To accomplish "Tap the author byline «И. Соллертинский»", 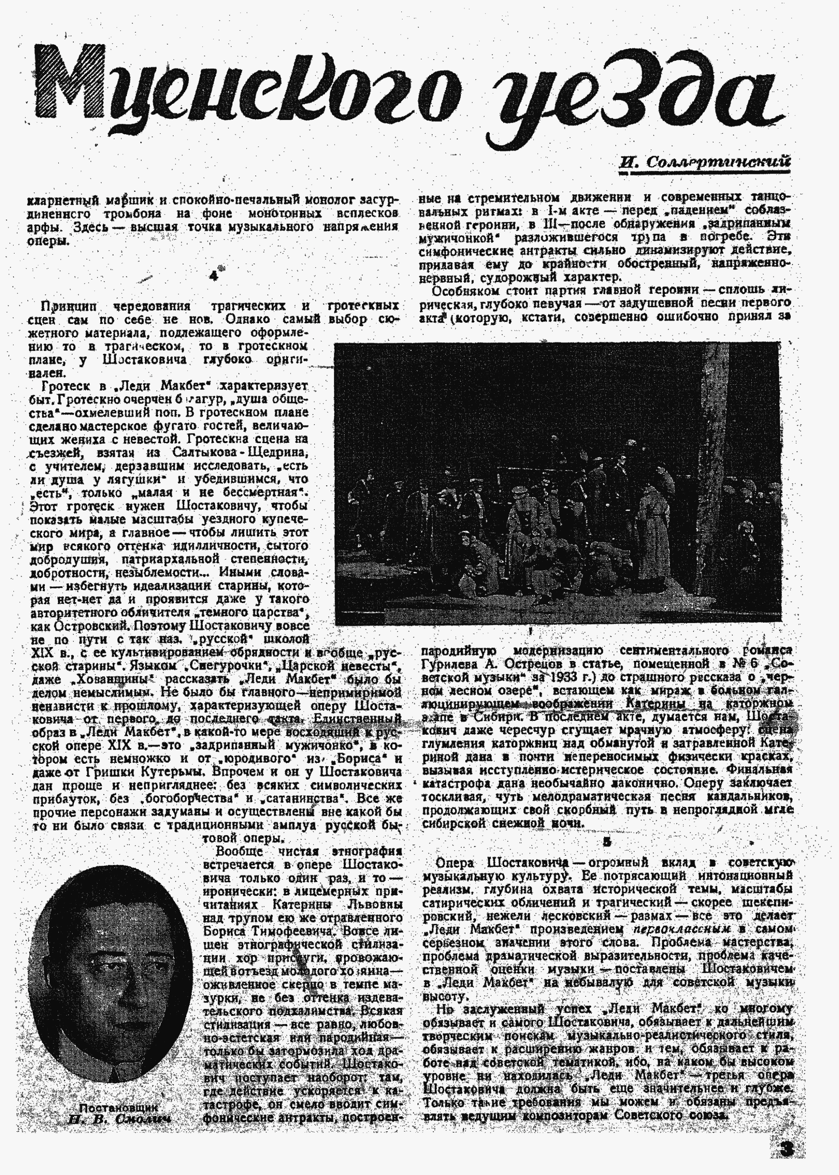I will (705, 163).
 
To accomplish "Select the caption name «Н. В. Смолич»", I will (119, 1119).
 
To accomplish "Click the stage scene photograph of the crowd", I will (557, 483).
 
